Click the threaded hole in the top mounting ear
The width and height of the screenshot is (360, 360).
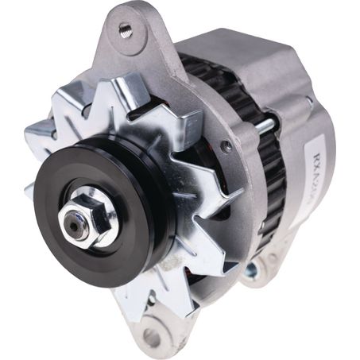coord(125,29)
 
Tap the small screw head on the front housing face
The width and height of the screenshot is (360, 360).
coord(226,146)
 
